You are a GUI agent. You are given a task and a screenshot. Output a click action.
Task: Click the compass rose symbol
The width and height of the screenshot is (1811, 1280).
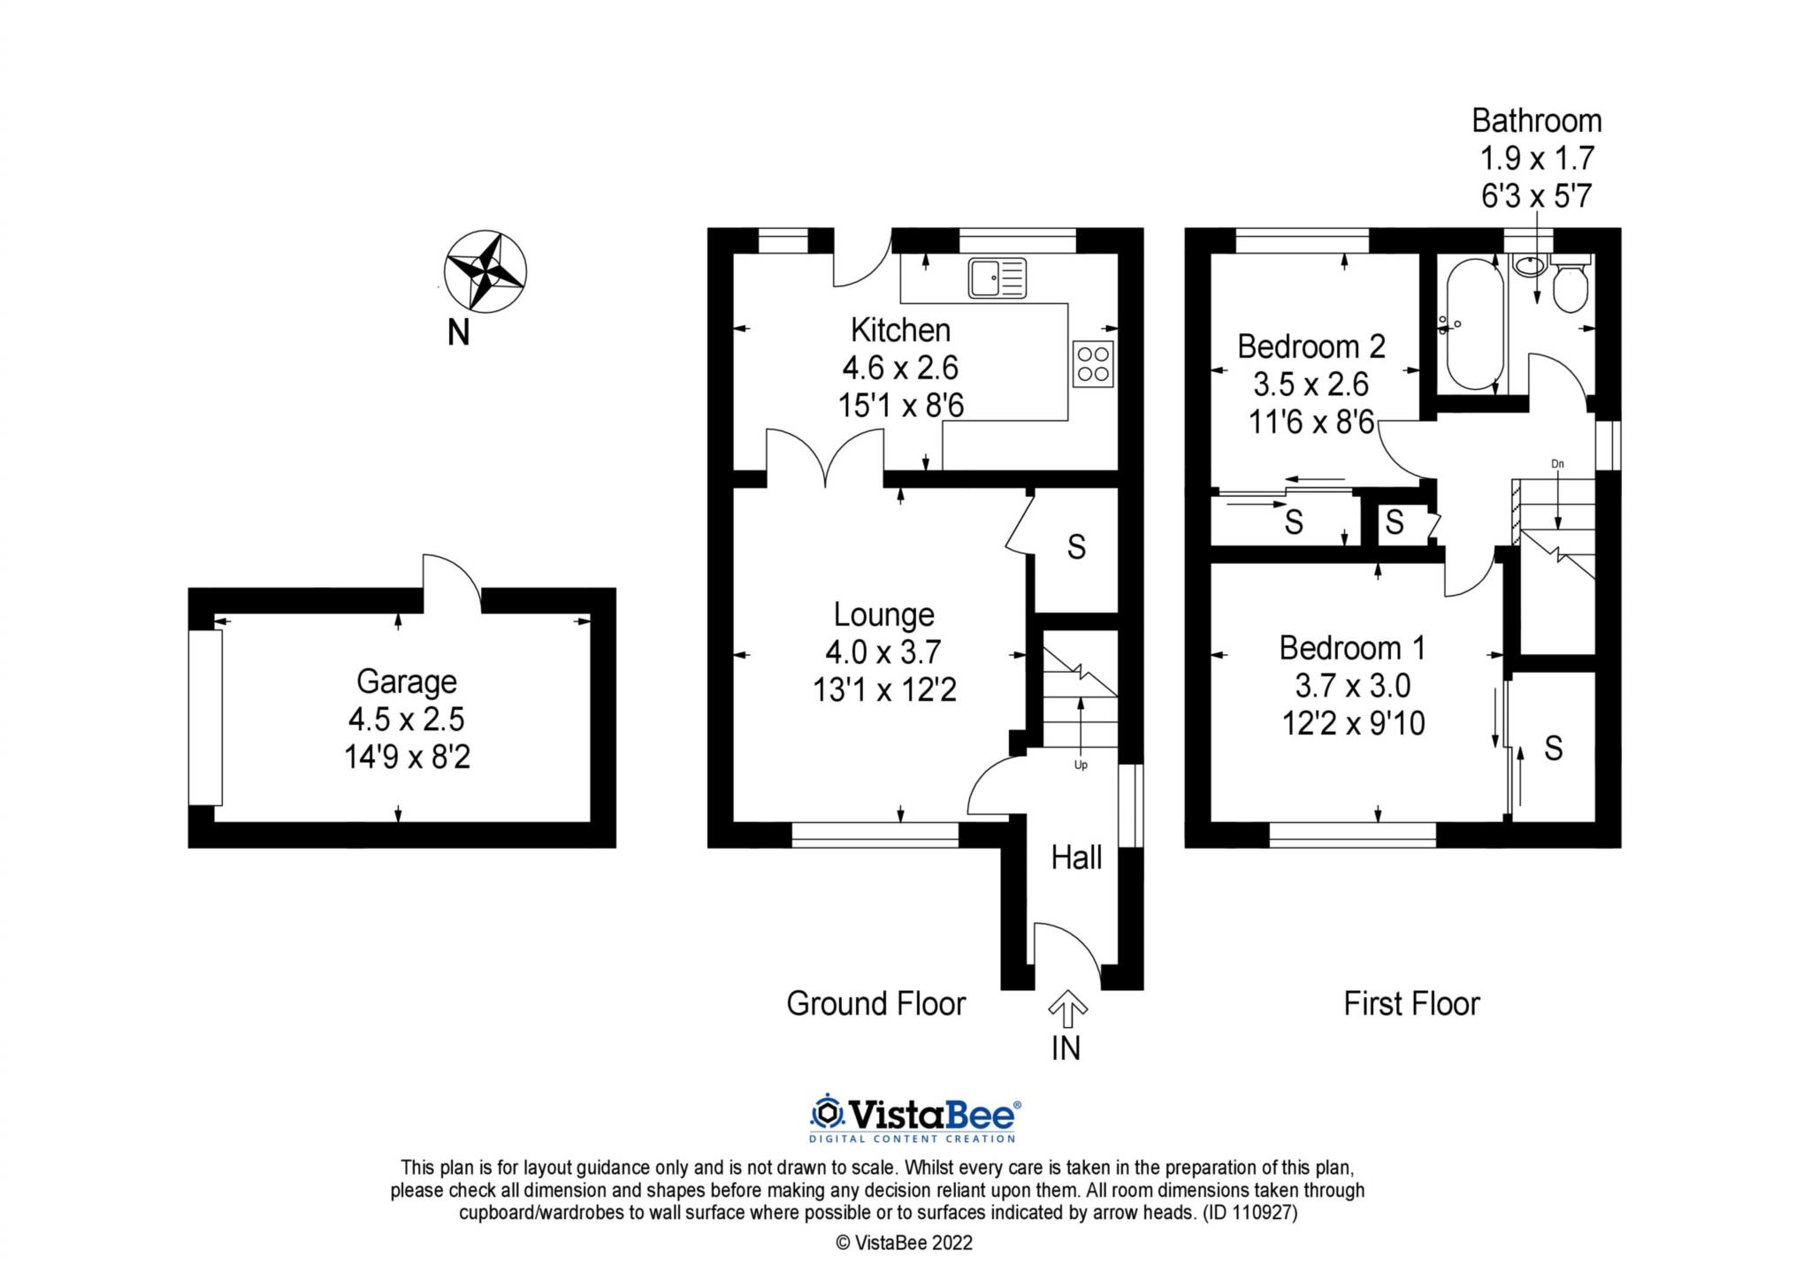click(x=485, y=271)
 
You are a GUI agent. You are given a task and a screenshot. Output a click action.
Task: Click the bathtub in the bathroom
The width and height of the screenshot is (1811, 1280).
click(x=1474, y=324)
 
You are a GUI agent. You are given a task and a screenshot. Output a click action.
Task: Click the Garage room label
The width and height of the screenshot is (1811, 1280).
click(x=406, y=682)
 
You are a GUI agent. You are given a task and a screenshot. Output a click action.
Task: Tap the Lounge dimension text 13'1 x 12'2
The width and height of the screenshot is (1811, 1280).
click(x=884, y=690)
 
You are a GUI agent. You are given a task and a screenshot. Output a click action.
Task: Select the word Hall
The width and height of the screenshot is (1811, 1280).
click(x=1076, y=857)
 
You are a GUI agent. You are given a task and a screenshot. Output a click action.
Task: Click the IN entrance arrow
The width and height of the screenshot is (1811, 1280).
click(x=1067, y=1009)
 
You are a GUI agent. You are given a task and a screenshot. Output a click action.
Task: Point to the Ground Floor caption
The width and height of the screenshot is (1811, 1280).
click(x=875, y=1004)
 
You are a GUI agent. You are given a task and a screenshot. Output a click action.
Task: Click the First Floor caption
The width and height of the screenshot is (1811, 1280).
click(x=1411, y=1004)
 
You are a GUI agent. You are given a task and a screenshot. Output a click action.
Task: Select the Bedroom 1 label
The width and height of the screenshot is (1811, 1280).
click(x=1352, y=648)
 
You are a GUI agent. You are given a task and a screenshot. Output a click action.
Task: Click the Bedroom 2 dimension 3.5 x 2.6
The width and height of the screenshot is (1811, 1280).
click(x=1310, y=384)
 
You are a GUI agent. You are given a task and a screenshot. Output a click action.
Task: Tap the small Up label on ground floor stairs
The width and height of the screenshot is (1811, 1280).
click(x=1081, y=765)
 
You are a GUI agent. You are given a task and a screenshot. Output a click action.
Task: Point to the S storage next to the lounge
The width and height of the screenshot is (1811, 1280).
click(x=1075, y=547)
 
